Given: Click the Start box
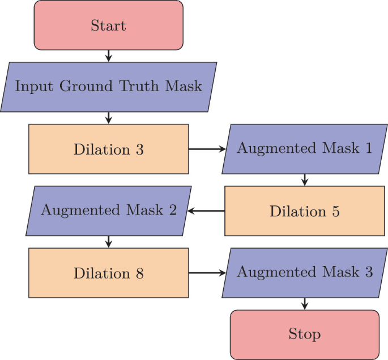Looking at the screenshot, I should pos(108,25).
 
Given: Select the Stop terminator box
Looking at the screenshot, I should pos(304,334).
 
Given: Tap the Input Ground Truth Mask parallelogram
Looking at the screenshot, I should pos(108,87).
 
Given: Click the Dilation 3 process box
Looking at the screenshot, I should pos(108,149).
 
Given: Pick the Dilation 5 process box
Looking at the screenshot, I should pos(304,211).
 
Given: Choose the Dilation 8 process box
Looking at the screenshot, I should pos(108,273).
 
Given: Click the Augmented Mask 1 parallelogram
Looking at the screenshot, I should pos(304,149).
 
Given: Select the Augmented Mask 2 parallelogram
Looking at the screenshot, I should pos(108,211).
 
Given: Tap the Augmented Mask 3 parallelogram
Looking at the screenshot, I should pos(304,272).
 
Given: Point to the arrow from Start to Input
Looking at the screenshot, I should pos(108,55).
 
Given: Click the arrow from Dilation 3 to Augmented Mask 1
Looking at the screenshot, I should pos(206,149).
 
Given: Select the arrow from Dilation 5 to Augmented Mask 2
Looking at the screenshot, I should pos(206,211).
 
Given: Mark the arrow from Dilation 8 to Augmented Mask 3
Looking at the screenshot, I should pos(206,273).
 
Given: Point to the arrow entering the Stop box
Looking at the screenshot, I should pos(304,303).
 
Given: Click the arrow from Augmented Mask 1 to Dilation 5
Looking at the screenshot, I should pos(304,180).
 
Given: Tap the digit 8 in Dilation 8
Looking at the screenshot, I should pos(139,273).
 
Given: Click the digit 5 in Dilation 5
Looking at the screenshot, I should pos(335,212).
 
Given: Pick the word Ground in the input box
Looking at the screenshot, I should pos(89,87).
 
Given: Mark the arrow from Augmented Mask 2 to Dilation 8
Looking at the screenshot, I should pos(108,242).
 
